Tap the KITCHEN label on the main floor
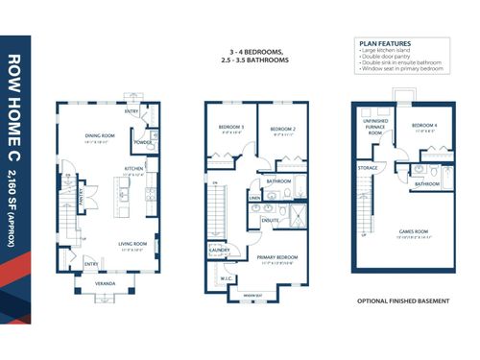[x=133, y=167]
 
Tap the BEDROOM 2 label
[x=280, y=128]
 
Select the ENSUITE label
[x=270, y=219]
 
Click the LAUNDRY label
[x=217, y=251]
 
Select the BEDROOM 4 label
[x=423, y=125]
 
